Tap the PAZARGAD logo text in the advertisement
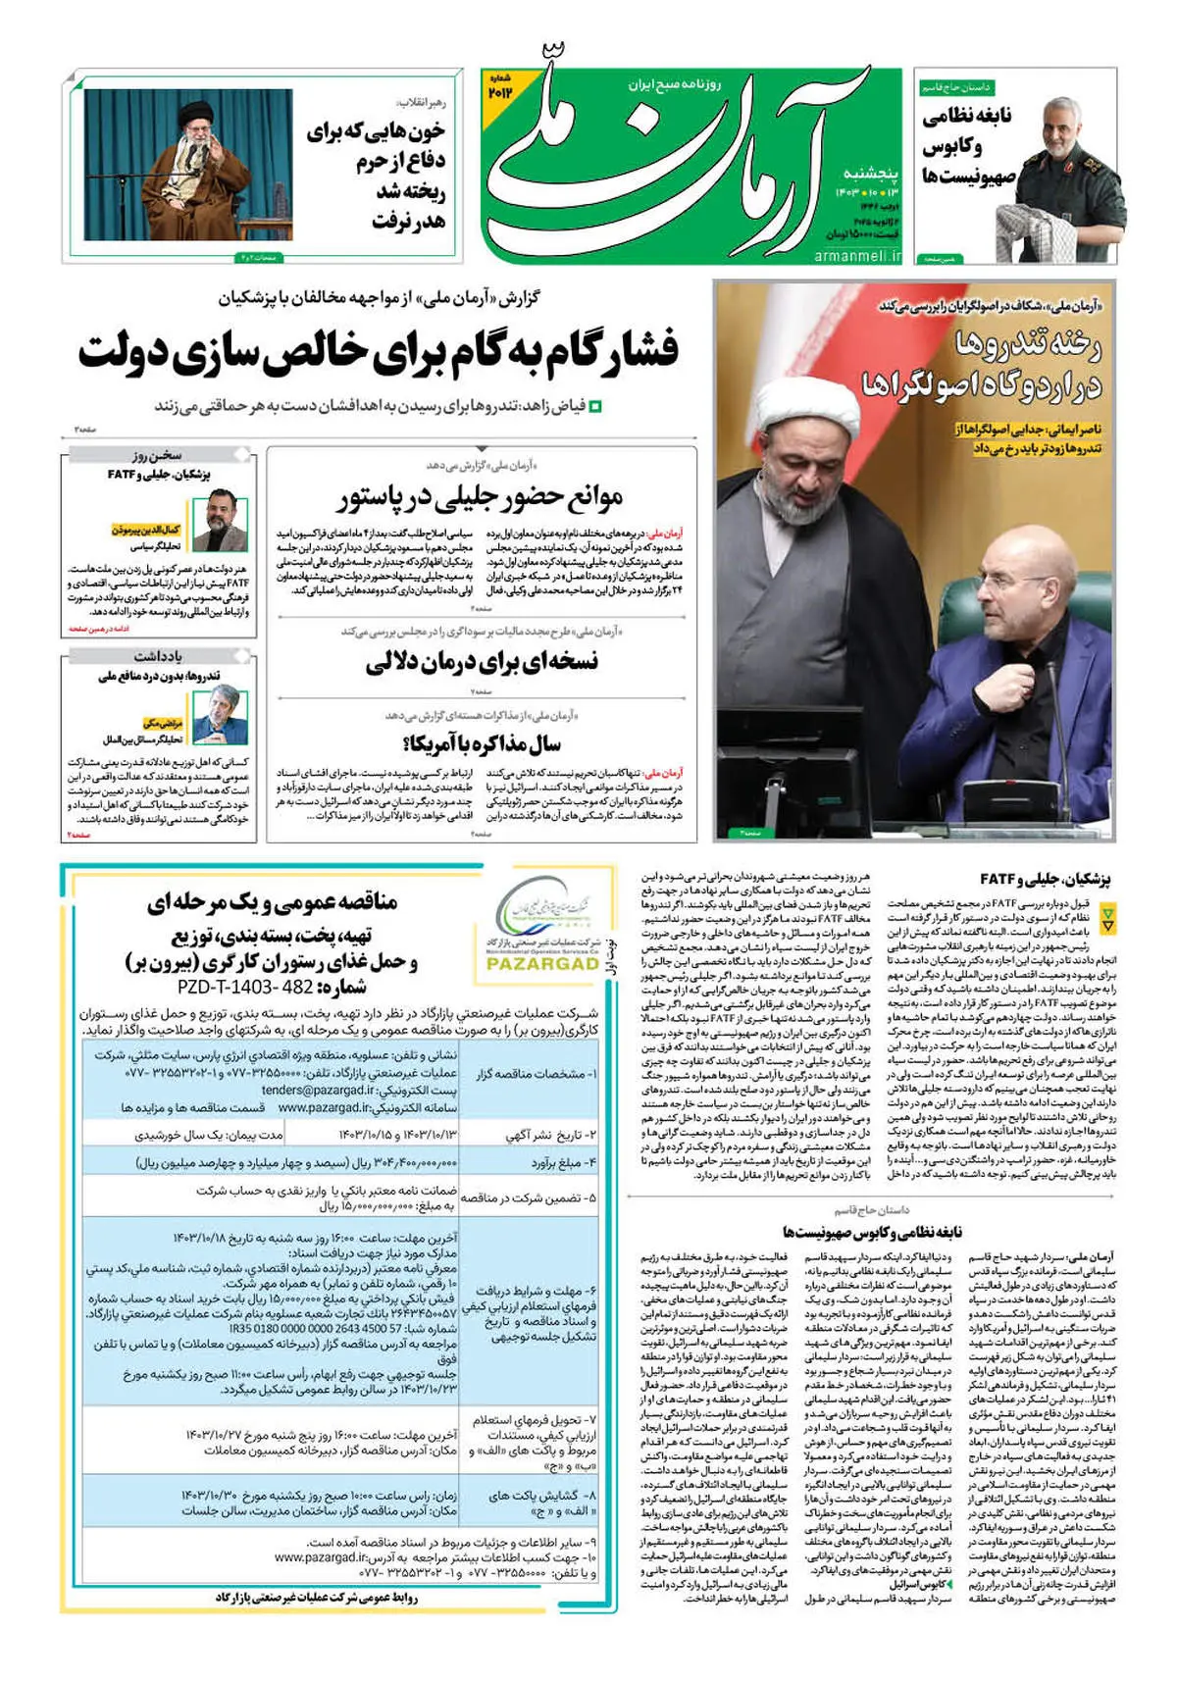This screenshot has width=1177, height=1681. tap(541, 963)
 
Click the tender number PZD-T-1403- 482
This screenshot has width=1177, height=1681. tap(244, 987)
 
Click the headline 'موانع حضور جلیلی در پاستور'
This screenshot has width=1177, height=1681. tap(481, 498)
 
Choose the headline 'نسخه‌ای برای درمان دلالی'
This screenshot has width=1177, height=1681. tap(482, 662)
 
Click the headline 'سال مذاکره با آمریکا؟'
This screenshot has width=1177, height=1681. tap(481, 743)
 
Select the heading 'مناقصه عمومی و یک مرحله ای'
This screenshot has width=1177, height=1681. tap(273, 903)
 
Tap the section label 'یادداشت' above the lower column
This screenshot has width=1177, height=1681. tap(159, 656)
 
